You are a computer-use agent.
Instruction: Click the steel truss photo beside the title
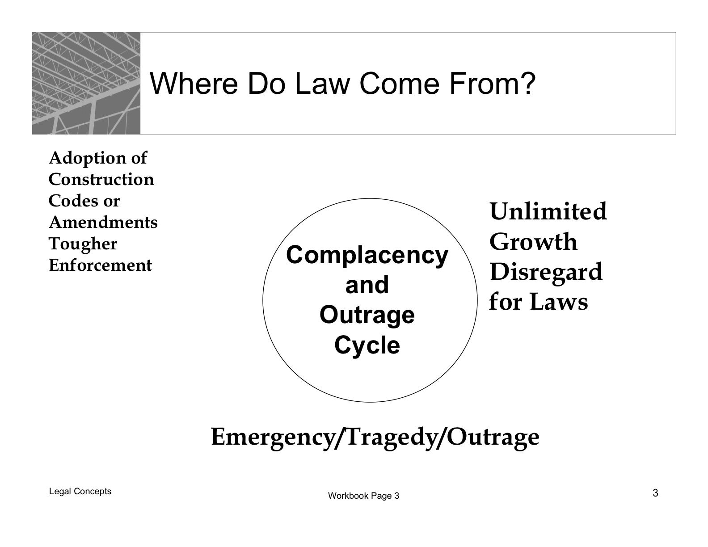coord(86,84)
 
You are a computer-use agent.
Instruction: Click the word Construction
coord(101,179)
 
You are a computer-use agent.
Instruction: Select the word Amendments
coord(103,222)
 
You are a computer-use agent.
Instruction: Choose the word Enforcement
coord(101,265)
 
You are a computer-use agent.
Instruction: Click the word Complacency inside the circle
coord(367,256)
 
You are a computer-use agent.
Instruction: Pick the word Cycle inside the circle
coord(367,345)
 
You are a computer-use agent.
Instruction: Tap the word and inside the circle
coord(367,284)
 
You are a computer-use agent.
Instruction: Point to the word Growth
coord(533,242)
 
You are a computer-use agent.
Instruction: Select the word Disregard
coord(546,272)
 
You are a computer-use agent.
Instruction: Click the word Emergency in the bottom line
coord(273,438)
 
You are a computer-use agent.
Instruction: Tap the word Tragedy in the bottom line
coord(390,438)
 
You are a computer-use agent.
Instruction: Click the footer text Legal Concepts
coord(80,492)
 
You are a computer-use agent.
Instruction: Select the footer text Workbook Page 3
coord(364,496)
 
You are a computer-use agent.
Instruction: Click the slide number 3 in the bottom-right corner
coord(656,493)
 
